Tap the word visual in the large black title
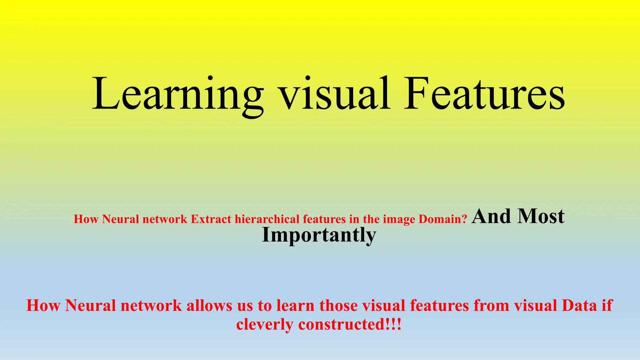[x=335, y=94]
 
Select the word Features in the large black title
[x=484, y=94]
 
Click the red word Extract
[x=211, y=219]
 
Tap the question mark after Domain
[x=464, y=219]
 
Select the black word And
[x=492, y=216]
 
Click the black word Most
[x=541, y=216]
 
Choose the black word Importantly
[x=319, y=235]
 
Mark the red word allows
[x=209, y=305]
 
